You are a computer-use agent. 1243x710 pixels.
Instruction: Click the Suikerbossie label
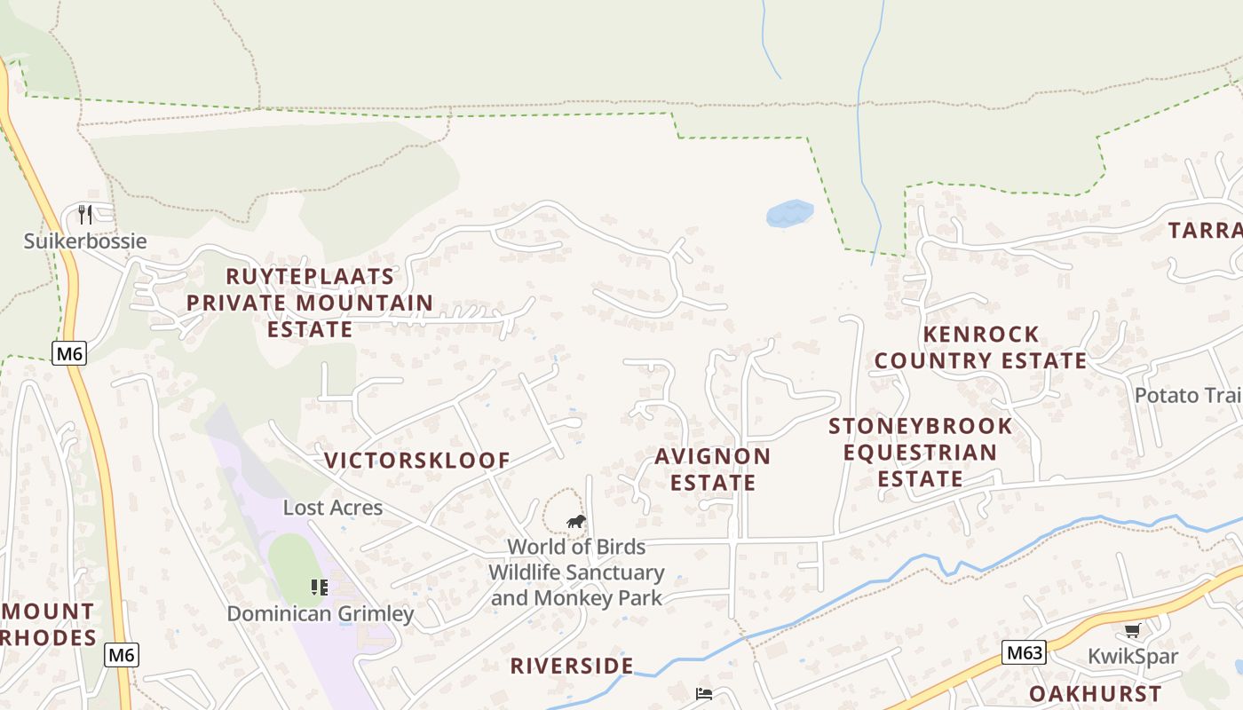tap(85, 241)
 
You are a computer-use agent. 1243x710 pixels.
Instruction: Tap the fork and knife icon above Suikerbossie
tap(85, 215)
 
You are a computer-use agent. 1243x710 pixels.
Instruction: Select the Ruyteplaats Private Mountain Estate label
tap(310, 303)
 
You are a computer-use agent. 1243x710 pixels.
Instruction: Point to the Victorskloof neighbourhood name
tap(417, 461)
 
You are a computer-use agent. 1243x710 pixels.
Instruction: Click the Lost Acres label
tap(333, 508)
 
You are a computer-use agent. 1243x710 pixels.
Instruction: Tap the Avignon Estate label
tap(713, 469)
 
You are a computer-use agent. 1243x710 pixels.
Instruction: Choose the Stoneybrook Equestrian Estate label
tap(921, 453)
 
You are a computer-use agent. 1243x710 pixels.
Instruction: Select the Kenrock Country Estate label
tap(981, 347)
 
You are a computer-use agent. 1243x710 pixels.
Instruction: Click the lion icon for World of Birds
tap(576, 522)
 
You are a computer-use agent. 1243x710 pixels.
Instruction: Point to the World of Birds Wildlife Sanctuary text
tap(576, 572)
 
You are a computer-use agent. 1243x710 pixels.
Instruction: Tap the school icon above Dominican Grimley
tap(319, 587)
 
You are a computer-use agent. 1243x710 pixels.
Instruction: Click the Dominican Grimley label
tap(321, 614)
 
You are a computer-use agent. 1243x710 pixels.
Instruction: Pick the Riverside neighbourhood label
tap(572, 666)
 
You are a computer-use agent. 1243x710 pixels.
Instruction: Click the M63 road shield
tap(1024, 653)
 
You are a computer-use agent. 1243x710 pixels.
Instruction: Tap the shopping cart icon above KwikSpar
tap(1132, 631)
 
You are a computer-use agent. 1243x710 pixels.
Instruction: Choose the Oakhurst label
tap(1095, 694)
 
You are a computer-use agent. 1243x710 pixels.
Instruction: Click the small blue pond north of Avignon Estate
tap(789, 213)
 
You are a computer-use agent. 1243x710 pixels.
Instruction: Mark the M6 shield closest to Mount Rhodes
tap(122, 655)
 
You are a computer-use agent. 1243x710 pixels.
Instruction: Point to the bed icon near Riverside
tap(704, 694)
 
